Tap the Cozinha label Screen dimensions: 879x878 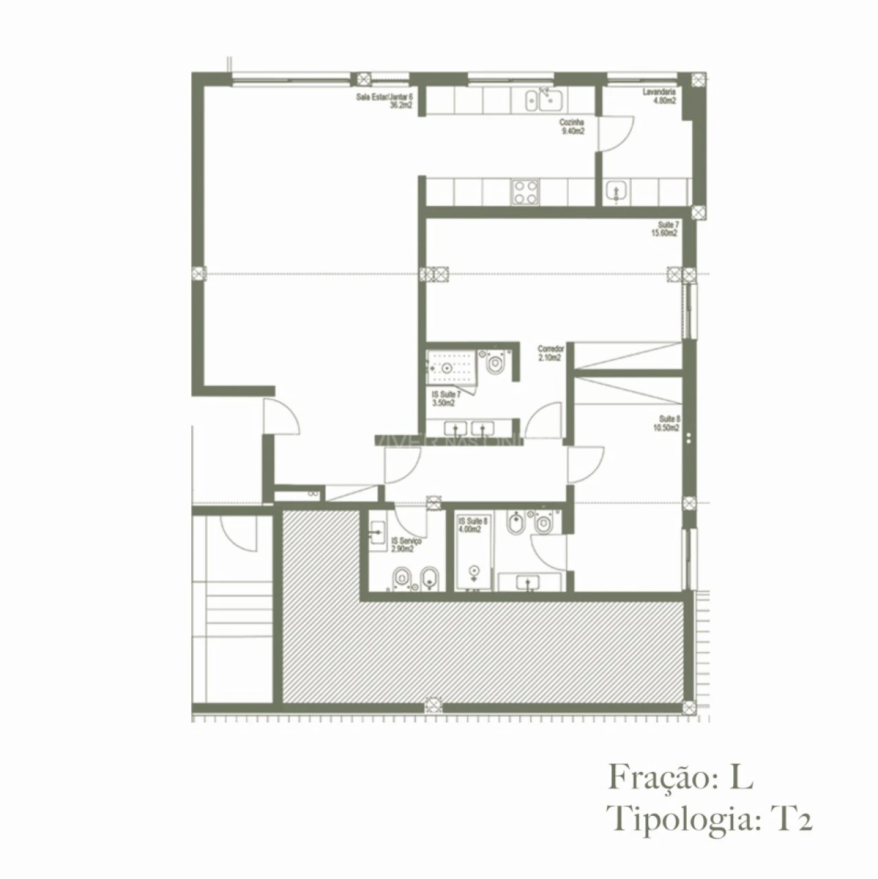572,122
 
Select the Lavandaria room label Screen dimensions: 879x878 659,92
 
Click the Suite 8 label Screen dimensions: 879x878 669,419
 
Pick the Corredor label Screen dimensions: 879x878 550,349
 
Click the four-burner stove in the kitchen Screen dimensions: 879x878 525,191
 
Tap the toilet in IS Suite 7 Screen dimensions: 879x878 495,364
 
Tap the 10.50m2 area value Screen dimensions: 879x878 666,427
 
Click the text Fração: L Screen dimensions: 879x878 680,778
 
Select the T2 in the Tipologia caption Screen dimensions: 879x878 792,819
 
